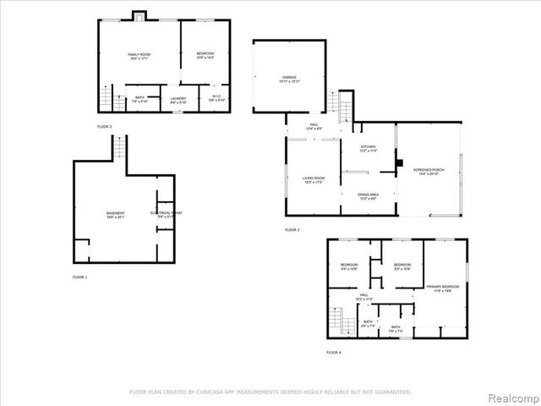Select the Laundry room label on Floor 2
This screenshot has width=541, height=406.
pos(178,99)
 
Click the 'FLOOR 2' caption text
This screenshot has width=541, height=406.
pos(104,127)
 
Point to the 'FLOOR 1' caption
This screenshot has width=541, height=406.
pos(79,277)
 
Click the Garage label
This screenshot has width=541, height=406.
pos(289,80)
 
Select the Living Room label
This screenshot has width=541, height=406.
pos(314,180)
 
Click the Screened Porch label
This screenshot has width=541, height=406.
pos(429,172)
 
